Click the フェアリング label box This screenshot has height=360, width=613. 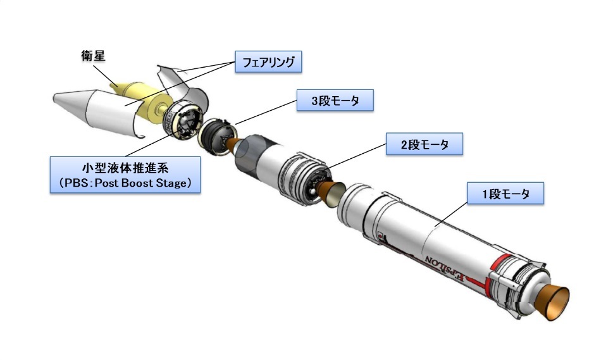(268, 62)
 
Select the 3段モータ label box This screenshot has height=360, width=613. (335, 101)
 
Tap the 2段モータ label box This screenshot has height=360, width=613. (424, 144)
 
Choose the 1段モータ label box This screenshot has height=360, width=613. (505, 193)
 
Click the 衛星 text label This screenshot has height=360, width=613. (93, 56)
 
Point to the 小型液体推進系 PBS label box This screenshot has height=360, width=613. (125, 175)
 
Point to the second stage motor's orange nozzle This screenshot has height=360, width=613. (331, 193)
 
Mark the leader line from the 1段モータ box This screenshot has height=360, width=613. (451, 214)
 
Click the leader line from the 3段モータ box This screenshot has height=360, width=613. (266, 112)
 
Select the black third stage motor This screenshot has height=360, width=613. (214, 136)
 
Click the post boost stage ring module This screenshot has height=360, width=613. (183, 120)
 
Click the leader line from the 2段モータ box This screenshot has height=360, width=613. (354, 157)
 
